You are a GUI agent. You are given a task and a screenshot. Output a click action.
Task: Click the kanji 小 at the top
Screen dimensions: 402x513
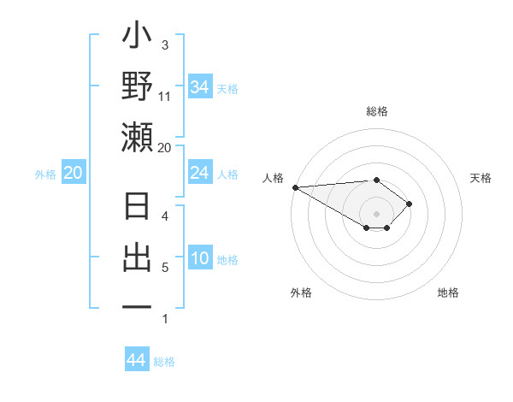click(138, 38)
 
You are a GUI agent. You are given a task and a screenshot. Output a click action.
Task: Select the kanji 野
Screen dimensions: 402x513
click(138, 87)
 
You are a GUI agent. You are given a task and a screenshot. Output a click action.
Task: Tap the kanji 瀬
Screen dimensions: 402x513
click(138, 137)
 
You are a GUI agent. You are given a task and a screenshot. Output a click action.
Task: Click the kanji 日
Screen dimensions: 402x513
click(138, 209)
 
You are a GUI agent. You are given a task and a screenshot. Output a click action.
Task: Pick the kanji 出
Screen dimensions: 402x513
click(138, 258)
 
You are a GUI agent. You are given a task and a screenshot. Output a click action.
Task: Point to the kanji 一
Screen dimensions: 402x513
click(138, 307)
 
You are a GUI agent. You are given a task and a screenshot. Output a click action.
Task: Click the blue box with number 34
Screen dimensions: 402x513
click(199, 87)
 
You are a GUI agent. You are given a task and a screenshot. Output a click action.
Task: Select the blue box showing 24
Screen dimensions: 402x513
click(199, 174)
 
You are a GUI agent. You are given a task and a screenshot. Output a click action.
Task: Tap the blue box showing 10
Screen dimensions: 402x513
click(199, 259)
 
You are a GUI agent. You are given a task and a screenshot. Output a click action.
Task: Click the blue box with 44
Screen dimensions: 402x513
click(137, 360)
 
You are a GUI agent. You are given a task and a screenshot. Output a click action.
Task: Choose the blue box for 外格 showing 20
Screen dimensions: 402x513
click(74, 174)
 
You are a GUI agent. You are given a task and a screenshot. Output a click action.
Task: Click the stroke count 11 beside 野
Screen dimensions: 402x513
click(165, 97)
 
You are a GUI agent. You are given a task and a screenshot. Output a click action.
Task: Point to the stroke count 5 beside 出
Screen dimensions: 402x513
click(165, 268)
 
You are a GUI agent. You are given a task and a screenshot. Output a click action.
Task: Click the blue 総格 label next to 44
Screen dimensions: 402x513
click(164, 362)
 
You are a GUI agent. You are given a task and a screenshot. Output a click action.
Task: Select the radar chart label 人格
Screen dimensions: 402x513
click(274, 178)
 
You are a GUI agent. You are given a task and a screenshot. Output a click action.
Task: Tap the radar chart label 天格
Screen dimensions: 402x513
click(481, 178)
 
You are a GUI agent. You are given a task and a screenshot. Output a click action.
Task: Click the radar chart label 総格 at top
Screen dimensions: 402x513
click(376, 112)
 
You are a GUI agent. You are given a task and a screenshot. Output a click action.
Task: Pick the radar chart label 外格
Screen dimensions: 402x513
click(301, 293)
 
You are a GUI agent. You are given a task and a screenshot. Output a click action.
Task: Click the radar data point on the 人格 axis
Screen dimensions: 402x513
click(294, 187)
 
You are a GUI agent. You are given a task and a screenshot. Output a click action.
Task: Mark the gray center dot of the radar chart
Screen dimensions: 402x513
click(376, 214)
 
